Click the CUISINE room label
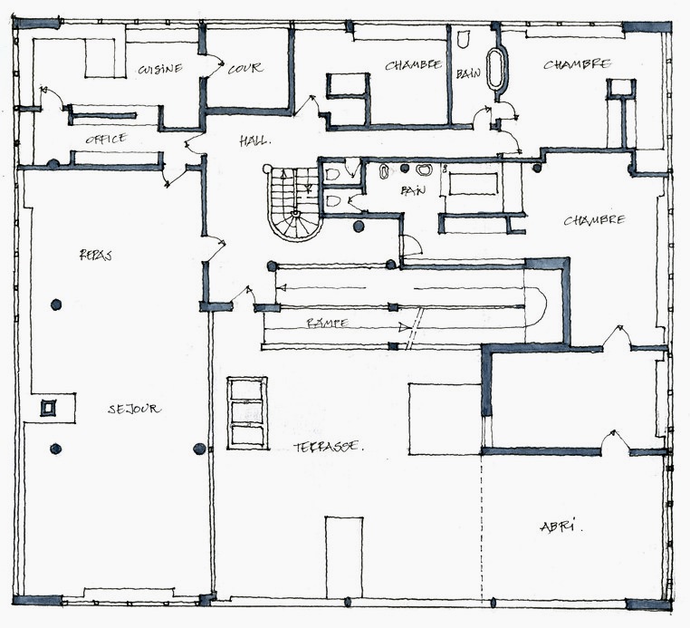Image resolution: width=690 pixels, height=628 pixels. click(160, 69)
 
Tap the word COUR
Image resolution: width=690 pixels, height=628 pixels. click(245, 68)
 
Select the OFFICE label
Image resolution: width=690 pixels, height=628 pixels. click(106, 139)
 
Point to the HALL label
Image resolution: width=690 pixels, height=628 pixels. click(254, 141)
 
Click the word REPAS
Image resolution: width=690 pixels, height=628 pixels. click(95, 255)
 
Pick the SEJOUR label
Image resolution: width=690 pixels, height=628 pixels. click(134, 409)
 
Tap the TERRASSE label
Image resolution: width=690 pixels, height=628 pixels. click(329, 447)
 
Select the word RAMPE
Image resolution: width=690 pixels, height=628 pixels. click(328, 323)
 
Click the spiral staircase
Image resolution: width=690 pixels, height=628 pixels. click(293, 204)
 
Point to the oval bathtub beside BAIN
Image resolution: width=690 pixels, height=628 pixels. click(497, 69)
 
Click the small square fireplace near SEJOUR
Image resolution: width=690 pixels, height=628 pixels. click(49, 408)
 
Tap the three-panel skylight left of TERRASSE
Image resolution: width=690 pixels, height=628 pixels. click(247, 413)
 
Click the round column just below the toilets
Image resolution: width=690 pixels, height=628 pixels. click(359, 227)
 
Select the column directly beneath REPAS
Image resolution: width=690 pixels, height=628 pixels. click(56, 304)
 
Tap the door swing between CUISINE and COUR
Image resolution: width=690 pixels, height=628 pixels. click(216, 66)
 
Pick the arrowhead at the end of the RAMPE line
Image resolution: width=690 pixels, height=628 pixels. click(403, 328)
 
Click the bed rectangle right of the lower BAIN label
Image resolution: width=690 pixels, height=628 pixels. click(473, 184)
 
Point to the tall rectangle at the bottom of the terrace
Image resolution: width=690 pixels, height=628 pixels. click(344, 557)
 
